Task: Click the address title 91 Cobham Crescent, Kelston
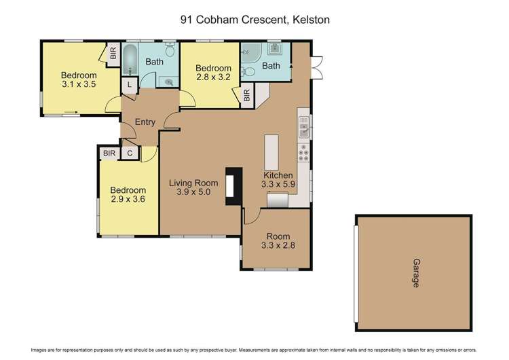[x=254, y=20]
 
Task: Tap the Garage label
[x=415, y=272]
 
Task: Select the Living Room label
[x=193, y=187]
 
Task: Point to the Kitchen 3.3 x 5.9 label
[x=278, y=179]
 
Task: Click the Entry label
[x=145, y=123]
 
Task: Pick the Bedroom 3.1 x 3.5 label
[x=78, y=80]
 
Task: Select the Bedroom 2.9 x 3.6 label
[x=128, y=195]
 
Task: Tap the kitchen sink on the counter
[x=303, y=127]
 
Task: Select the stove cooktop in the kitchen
[x=304, y=156]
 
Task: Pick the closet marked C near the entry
[x=130, y=154]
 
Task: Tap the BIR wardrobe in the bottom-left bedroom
[x=108, y=154]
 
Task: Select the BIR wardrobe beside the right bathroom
[x=246, y=95]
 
